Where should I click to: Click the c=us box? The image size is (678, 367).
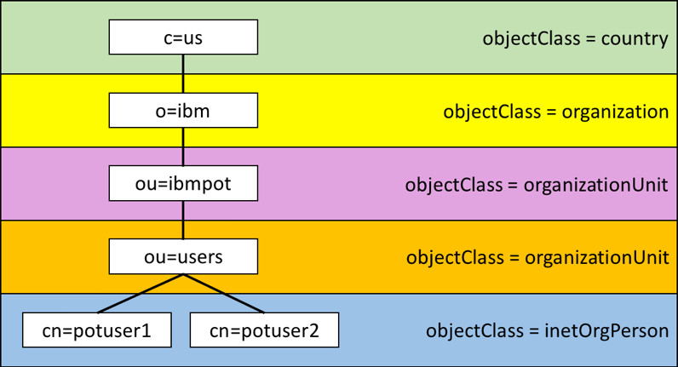click(x=183, y=37)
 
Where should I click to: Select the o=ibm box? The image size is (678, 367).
click(x=183, y=110)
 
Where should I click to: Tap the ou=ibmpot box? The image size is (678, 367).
click(x=183, y=183)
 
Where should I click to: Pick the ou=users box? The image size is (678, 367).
click(x=183, y=256)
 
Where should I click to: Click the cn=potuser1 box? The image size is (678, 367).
click(x=97, y=330)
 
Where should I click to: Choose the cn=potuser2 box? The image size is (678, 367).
click(x=264, y=330)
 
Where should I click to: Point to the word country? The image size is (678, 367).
click(x=635, y=39)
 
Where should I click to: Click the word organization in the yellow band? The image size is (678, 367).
click(x=615, y=112)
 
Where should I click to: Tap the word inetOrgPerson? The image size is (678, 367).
click(x=606, y=331)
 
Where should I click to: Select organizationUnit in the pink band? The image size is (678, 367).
click(x=596, y=185)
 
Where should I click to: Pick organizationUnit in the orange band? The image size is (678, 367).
click(x=597, y=258)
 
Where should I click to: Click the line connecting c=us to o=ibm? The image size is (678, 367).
click(x=183, y=73)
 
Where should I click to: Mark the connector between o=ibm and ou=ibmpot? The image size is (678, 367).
click(x=183, y=146)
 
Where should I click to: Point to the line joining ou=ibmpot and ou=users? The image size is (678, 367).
click(x=183, y=220)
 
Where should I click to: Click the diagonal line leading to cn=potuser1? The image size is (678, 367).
click(x=140, y=293)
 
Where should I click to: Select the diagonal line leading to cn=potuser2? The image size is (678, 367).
click(x=223, y=293)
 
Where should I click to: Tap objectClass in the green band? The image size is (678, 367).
click(x=531, y=39)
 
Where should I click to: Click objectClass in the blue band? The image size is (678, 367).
click(x=474, y=331)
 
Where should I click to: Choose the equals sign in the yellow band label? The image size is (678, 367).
click(x=551, y=112)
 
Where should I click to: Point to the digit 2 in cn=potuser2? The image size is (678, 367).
click(x=313, y=330)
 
